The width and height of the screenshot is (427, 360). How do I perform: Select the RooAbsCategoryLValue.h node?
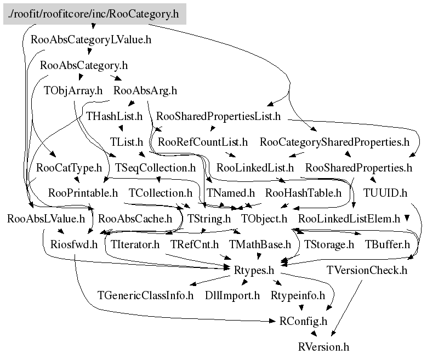click(x=92, y=39)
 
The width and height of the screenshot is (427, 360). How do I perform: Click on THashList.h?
click(x=115, y=117)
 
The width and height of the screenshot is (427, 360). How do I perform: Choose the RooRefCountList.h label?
click(x=203, y=142)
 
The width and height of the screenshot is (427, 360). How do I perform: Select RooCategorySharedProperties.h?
click(x=334, y=142)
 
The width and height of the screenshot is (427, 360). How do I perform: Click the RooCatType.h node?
click(x=70, y=167)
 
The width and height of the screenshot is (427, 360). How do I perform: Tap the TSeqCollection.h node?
click(x=155, y=167)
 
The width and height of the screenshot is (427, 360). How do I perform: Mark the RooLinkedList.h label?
click(x=255, y=167)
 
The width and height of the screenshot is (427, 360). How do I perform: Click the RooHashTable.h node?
click(x=303, y=193)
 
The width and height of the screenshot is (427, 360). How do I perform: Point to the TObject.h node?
click(x=264, y=219)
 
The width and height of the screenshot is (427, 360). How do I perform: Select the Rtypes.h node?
click(x=254, y=270)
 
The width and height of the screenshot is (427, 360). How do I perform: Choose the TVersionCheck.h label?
click(x=367, y=270)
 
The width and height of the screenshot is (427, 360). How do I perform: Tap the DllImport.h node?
click(x=232, y=296)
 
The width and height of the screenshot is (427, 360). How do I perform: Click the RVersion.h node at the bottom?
click(x=323, y=347)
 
